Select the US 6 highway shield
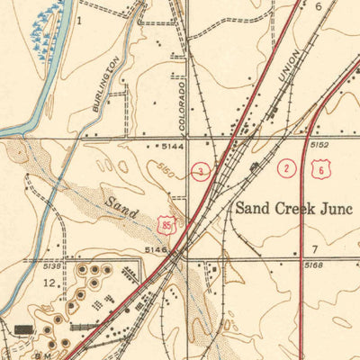click(x=320, y=168)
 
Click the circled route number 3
click(x=201, y=171)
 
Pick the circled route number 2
click(x=287, y=168)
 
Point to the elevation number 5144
click(x=173, y=145)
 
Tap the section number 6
click(x=319, y=5)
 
